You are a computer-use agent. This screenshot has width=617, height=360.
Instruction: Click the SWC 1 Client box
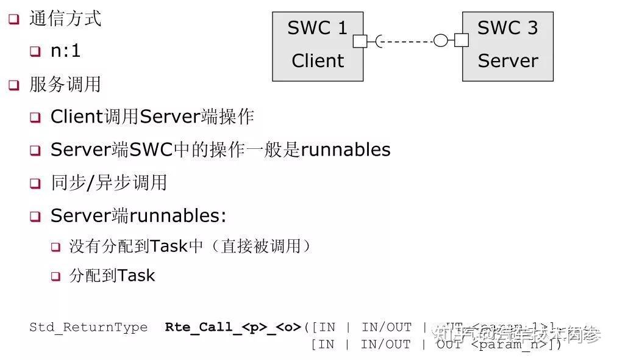(318, 46)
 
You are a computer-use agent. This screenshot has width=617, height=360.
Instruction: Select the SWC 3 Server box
(507, 46)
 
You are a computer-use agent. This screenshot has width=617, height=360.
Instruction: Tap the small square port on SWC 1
(360, 41)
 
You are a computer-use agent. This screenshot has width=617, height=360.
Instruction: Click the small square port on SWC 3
(462, 41)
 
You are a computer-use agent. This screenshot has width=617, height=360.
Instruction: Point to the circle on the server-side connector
(441, 41)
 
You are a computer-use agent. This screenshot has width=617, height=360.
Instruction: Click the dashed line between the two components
(407, 41)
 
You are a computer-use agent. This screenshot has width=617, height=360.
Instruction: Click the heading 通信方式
(65, 18)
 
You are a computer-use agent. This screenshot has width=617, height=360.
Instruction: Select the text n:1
(65, 51)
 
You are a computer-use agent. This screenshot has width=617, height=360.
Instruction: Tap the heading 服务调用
(65, 84)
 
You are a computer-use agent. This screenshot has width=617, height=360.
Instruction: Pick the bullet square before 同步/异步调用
(35, 183)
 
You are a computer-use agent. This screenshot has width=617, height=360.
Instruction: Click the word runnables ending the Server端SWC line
(346, 149)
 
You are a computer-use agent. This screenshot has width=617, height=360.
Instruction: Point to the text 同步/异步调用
(109, 182)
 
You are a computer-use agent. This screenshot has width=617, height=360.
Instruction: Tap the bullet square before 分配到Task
(55, 276)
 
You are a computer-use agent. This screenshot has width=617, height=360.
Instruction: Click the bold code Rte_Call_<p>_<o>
(234, 327)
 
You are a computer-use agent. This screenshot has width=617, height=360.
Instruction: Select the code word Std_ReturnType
(88, 327)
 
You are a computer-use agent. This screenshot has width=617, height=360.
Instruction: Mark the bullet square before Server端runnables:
(35, 216)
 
